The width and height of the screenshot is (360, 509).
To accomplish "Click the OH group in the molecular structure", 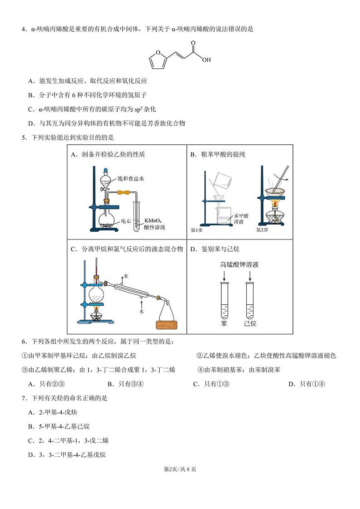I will click(206, 59).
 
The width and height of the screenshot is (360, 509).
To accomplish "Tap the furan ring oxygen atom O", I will click(156, 54).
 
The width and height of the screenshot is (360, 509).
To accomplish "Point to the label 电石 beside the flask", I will click(126, 222).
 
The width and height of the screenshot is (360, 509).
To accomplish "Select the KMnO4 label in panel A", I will click(153, 221).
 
